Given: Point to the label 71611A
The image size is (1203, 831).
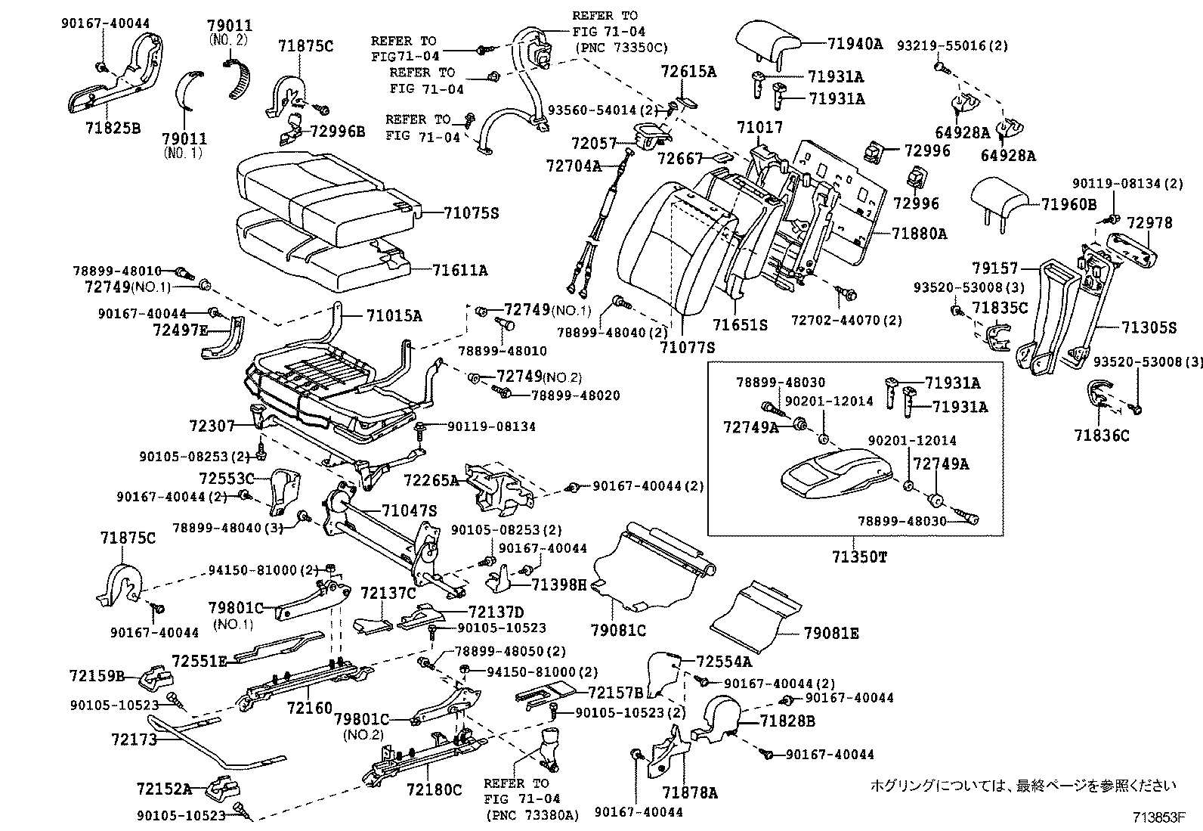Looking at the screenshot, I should (460, 269).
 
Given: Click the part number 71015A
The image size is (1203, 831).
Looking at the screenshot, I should (394, 315).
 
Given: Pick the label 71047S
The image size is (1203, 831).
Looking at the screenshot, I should (409, 510).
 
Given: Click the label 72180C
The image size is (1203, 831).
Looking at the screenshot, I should (434, 790).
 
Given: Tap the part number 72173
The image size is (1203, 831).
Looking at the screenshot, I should (135, 739).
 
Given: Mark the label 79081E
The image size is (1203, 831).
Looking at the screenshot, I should (831, 633).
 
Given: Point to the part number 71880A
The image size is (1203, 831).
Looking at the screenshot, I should (918, 234).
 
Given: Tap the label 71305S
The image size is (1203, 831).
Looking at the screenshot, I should (1149, 327).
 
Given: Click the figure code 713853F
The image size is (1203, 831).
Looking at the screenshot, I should (1158, 817).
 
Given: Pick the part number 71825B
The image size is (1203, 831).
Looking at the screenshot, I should (113, 127).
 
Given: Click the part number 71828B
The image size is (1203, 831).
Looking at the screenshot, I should (787, 721).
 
